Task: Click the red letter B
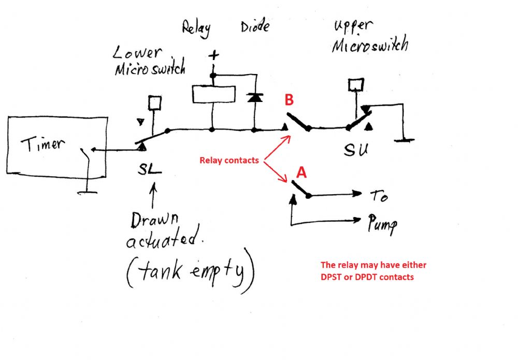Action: [x=289, y=100]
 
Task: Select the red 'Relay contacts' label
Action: [x=229, y=161]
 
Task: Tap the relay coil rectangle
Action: [x=213, y=94]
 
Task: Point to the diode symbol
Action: [x=254, y=97]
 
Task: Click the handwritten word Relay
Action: [x=196, y=28]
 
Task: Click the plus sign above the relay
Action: [x=212, y=55]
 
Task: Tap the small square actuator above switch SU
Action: [x=355, y=83]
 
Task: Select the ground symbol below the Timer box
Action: [x=88, y=192]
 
